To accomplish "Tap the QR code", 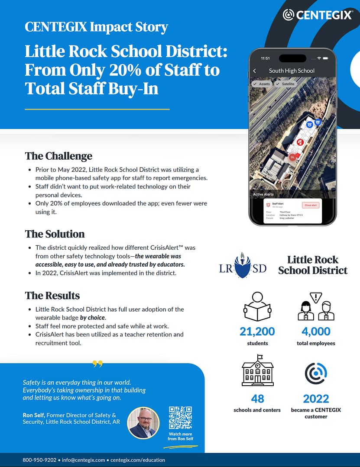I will [x=180, y=417].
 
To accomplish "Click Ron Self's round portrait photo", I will [x=143, y=423].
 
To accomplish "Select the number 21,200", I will [x=257, y=332].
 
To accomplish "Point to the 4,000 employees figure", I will [x=316, y=332].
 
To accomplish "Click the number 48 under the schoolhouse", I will [x=257, y=399].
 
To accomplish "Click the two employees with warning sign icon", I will [x=316, y=306].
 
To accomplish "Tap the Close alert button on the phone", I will [x=311, y=205].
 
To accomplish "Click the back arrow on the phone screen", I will [x=255, y=71].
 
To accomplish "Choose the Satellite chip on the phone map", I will [x=286, y=84].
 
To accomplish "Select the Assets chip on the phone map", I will [x=262, y=84].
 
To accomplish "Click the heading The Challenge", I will [x=58, y=156].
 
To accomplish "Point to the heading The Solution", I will [x=55, y=234].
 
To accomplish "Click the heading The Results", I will [x=52, y=296].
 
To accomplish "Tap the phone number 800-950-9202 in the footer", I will [x=39, y=460].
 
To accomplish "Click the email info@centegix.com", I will [x=84, y=460].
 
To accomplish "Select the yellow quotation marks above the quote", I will [x=97, y=364].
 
